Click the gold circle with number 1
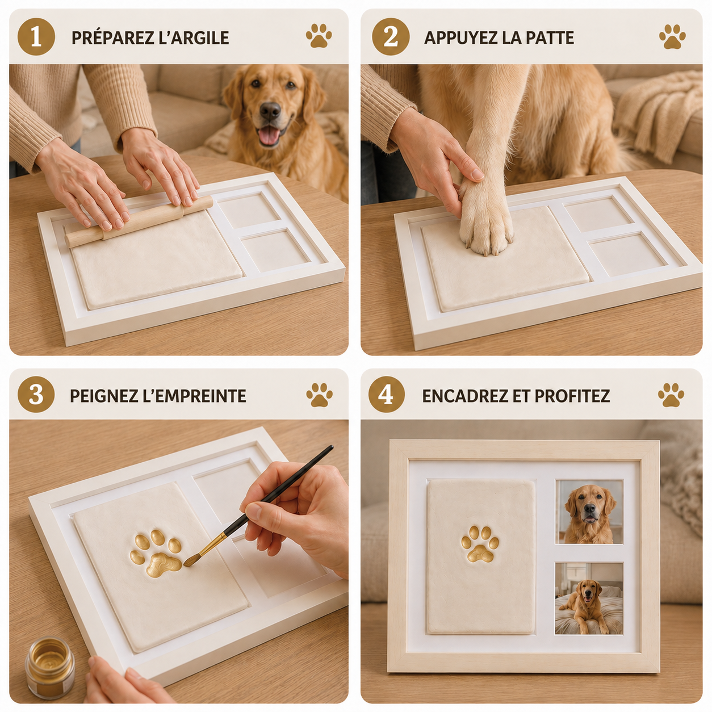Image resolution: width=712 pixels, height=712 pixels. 36,37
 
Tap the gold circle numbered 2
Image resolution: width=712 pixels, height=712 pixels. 391,37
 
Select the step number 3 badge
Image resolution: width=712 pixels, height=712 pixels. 36,395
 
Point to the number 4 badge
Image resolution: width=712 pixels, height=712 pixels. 387,395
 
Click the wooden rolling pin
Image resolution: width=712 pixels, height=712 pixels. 139,221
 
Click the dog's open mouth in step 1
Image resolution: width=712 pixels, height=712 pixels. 269,135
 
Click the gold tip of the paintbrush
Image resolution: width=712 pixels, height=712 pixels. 194,558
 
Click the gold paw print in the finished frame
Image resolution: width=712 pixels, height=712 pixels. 480,545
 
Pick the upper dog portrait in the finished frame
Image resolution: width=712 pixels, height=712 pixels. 589,512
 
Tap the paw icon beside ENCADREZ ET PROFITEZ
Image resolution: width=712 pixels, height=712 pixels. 671,395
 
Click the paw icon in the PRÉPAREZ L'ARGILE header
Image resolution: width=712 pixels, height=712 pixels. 319,36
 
